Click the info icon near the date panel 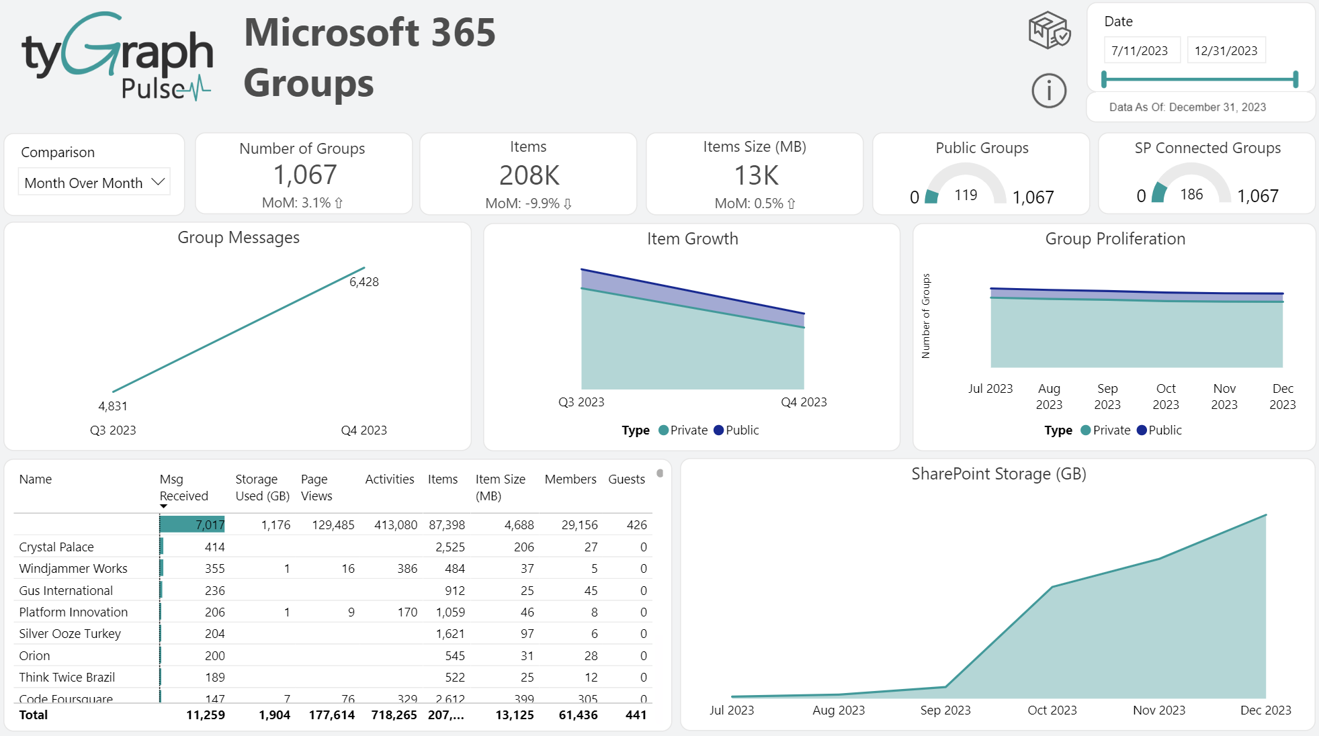tap(1048, 91)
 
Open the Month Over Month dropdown tap(94, 183)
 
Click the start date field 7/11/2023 tap(1140, 51)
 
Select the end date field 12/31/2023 tap(1226, 51)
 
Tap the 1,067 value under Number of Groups tap(304, 175)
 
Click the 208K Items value tap(529, 176)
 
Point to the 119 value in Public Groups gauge tap(966, 195)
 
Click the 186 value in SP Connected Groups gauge tap(1191, 195)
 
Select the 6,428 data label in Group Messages tap(364, 282)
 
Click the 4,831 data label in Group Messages tap(113, 406)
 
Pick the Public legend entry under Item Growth tap(736, 430)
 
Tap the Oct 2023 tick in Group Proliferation tap(1166, 396)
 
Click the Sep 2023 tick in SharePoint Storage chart tap(945, 710)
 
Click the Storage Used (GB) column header tap(262, 488)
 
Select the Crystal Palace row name tap(56, 547)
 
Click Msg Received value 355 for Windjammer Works tap(214, 569)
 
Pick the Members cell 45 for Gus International tap(591, 591)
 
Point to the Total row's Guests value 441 tap(636, 715)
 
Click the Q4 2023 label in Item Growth tap(804, 402)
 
